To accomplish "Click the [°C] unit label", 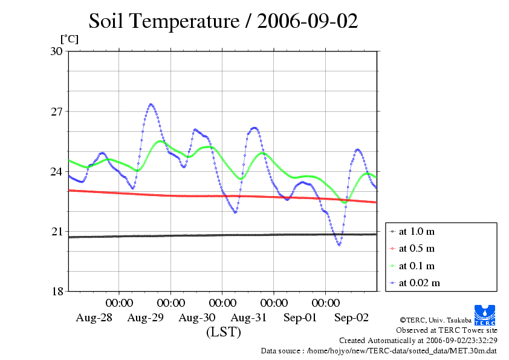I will click(x=69, y=39).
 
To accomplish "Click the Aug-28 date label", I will click(x=94, y=317).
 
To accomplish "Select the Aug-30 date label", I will click(x=197, y=317).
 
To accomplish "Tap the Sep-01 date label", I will click(x=300, y=317).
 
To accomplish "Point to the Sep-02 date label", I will click(x=352, y=317).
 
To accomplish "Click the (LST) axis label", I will click(x=223, y=332).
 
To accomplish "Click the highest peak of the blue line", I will click(x=151, y=105).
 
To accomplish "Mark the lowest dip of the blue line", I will click(x=339, y=244).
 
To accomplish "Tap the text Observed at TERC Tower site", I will click(x=447, y=330).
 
